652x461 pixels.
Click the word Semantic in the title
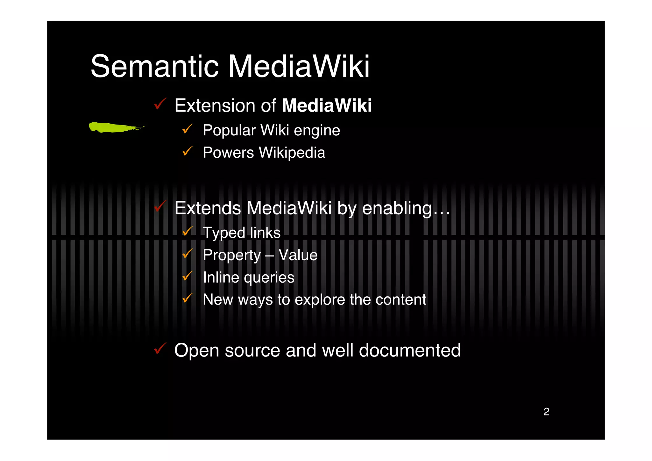(x=155, y=66)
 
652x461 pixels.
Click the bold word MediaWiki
(x=327, y=105)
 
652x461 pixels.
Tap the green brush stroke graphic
(x=115, y=127)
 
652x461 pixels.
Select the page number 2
(x=546, y=412)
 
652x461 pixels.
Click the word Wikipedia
(x=292, y=153)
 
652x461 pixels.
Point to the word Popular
(x=229, y=130)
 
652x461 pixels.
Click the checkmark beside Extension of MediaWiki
(x=160, y=104)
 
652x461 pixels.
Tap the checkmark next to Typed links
(x=188, y=231)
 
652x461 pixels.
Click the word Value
(x=298, y=255)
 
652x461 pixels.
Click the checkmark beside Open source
(x=160, y=349)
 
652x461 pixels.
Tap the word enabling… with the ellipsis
(x=406, y=208)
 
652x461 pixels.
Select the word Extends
(x=208, y=208)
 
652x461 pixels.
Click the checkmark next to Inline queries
(x=188, y=276)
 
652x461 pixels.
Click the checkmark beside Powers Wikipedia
(x=188, y=151)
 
